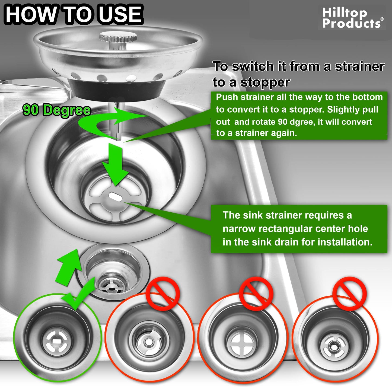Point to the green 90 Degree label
pos(56,110)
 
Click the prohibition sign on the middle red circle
pos(256,294)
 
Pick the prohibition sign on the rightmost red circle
pos(349,294)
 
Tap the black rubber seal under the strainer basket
pos(117,87)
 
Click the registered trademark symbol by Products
pos(382,19)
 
